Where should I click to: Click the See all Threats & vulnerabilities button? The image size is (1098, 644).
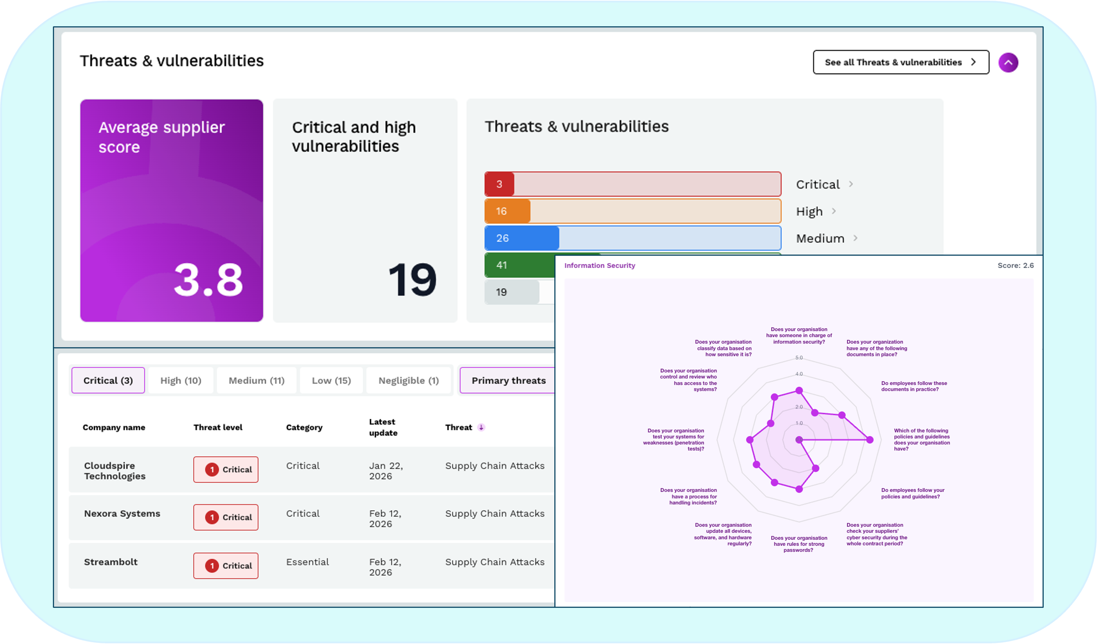(x=901, y=62)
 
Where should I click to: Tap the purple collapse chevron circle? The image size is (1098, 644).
(x=1008, y=63)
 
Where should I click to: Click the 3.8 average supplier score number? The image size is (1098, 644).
(x=208, y=280)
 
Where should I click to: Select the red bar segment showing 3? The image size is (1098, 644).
(x=499, y=184)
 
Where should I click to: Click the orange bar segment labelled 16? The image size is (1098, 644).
(x=507, y=211)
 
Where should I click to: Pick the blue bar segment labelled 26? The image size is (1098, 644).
(x=522, y=238)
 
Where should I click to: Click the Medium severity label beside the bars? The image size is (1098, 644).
(x=820, y=239)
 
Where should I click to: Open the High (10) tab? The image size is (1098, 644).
(x=181, y=380)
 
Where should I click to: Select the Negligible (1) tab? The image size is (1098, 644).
(x=408, y=380)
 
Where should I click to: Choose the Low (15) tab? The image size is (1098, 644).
(x=331, y=380)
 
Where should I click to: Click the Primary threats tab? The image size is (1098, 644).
(x=508, y=380)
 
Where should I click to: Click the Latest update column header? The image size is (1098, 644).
(x=383, y=427)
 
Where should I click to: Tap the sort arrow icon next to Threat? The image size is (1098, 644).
(x=481, y=427)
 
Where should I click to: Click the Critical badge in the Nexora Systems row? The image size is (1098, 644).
(x=226, y=517)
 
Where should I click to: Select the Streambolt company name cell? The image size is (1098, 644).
(x=111, y=562)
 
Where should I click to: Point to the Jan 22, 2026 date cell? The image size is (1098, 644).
(x=385, y=471)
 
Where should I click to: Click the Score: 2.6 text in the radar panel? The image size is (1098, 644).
(x=1015, y=265)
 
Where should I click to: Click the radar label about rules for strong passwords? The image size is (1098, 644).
(x=799, y=544)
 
